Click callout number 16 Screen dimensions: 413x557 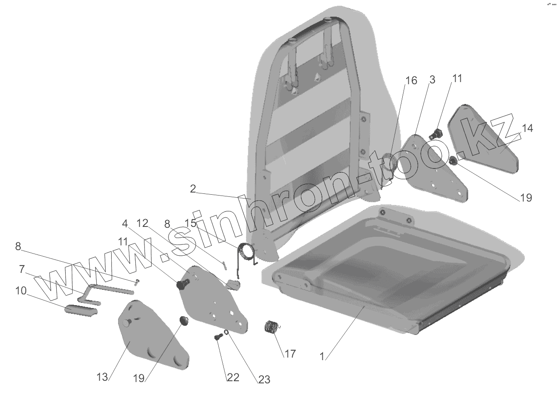[x=411, y=81]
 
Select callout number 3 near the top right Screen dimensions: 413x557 [x=432, y=80]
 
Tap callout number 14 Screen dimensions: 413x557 [x=527, y=128]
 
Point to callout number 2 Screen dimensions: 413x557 [x=193, y=189]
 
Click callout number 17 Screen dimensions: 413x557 [x=290, y=354]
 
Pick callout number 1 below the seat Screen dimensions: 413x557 [x=323, y=356]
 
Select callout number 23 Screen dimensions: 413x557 [x=264, y=379]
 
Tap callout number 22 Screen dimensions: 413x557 [x=233, y=377]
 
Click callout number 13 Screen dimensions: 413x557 [x=102, y=377]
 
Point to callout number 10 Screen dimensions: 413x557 [x=20, y=291]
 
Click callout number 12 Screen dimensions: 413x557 [x=142, y=223]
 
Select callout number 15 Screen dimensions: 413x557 [x=190, y=223]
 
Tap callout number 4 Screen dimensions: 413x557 [x=125, y=223]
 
